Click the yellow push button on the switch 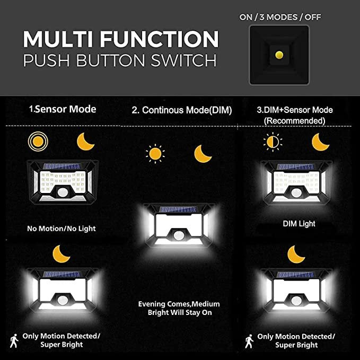279,54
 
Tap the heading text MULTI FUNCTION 120,39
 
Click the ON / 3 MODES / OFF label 280,17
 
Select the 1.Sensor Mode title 63,109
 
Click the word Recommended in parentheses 295,121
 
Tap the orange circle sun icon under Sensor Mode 38,142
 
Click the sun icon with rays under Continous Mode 154,154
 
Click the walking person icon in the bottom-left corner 14,340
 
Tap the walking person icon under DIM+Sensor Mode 248,340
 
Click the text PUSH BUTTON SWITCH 120,60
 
